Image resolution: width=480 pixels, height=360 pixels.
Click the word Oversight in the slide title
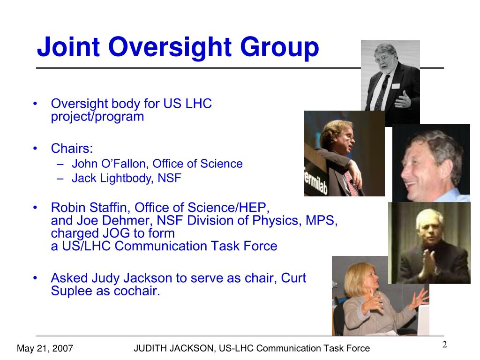(x=170, y=47)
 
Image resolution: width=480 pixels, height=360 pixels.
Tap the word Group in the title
(x=279, y=47)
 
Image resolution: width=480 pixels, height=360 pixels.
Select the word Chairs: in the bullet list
(x=72, y=149)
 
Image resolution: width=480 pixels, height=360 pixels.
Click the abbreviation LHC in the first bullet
(x=199, y=104)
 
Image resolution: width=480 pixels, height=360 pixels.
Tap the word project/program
(x=97, y=117)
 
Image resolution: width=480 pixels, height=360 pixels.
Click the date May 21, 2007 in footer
(x=45, y=348)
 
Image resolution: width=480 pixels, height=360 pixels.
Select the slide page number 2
(x=444, y=345)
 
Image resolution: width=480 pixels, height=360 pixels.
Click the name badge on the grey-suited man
(x=396, y=86)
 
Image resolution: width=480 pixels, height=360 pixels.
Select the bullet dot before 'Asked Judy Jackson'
(x=35, y=278)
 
